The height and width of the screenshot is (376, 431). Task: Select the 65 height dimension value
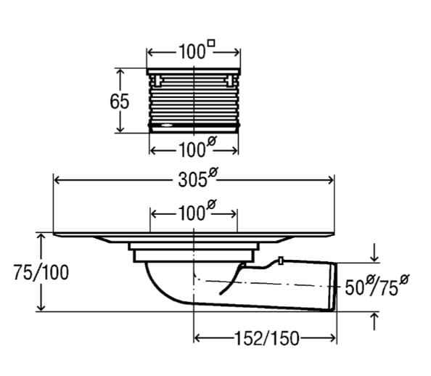(x=119, y=102)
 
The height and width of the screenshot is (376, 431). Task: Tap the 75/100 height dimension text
(x=41, y=273)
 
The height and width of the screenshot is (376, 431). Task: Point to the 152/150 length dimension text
(x=266, y=338)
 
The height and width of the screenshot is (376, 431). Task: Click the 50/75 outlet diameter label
(x=377, y=285)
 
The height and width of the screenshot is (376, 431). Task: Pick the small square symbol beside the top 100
(x=211, y=44)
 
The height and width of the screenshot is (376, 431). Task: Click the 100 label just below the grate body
(x=197, y=147)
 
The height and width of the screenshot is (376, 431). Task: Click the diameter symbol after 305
(x=213, y=172)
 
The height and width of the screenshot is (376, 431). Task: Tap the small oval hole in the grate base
(x=167, y=126)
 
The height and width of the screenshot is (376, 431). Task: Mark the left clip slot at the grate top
(x=157, y=81)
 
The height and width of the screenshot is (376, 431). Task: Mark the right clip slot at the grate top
(x=229, y=81)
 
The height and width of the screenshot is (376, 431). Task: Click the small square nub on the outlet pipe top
(x=281, y=261)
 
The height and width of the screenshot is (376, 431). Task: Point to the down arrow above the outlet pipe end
(x=374, y=256)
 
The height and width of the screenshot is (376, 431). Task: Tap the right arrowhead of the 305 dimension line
(x=331, y=181)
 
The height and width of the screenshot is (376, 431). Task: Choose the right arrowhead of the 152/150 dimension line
(x=332, y=338)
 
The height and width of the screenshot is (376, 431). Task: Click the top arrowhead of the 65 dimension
(x=120, y=72)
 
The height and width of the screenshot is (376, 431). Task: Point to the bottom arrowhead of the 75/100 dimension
(x=41, y=307)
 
